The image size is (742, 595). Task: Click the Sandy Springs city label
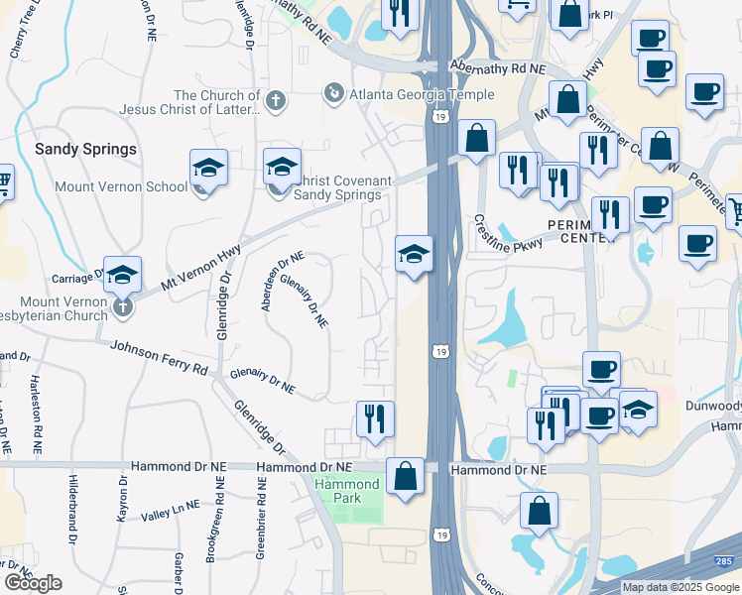[x=85, y=150]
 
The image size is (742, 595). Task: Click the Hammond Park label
[x=346, y=491]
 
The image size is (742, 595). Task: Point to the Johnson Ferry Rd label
[x=159, y=357]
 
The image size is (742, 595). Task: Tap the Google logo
[x=32, y=583]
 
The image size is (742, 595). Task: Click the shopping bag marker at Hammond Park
[x=406, y=476]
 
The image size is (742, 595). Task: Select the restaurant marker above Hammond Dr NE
[x=375, y=418]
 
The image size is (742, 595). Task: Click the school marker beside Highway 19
[x=414, y=255]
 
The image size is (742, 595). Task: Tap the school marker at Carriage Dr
[x=122, y=275]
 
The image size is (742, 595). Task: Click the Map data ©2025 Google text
[x=681, y=587]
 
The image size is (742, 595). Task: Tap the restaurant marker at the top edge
[x=400, y=12]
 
